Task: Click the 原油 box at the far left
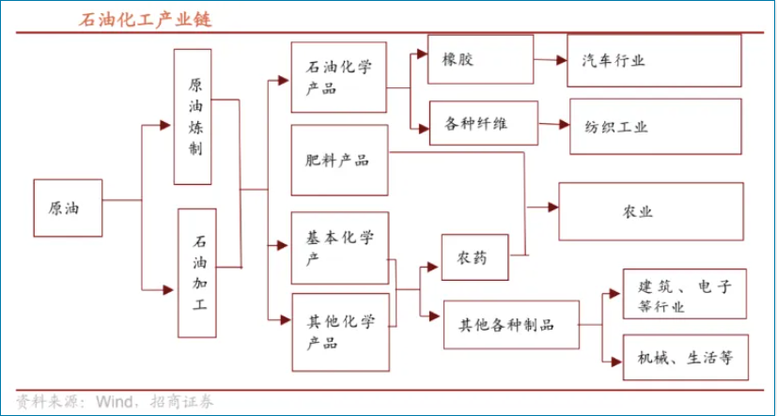[x=68, y=208]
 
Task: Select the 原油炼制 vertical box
[x=193, y=116]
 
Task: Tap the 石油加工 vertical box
[x=197, y=273]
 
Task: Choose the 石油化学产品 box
[x=339, y=77]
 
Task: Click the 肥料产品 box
[x=339, y=160]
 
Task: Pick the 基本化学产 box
[x=340, y=248]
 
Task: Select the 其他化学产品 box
[x=341, y=332]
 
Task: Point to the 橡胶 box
[x=481, y=59]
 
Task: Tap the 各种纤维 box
[x=484, y=123]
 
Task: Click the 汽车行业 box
[x=654, y=60]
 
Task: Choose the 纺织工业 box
[x=656, y=126]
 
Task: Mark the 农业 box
[x=651, y=211]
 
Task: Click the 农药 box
[x=475, y=257]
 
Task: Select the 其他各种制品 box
[x=511, y=324]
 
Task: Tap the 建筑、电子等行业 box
[x=684, y=294]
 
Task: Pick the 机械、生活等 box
[x=685, y=357]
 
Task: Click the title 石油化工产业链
[x=145, y=20]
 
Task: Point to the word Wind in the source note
[x=115, y=401]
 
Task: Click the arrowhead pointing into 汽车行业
[x=562, y=60]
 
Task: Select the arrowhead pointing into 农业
[x=553, y=207]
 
